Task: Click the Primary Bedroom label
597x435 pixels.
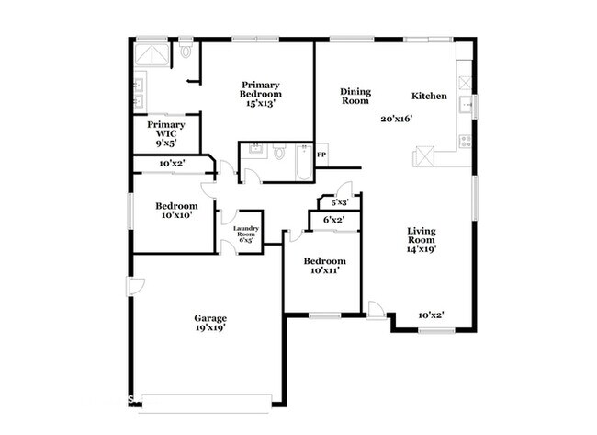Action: click(261, 89)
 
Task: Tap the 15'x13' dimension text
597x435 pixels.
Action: click(261, 104)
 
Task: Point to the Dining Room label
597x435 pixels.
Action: click(355, 96)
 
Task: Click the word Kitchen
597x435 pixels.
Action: click(429, 96)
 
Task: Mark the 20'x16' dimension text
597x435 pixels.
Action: click(398, 118)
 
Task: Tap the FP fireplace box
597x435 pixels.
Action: click(321, 155)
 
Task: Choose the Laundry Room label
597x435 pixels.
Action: click(244, 232)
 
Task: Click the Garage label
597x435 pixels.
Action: click(210, 316)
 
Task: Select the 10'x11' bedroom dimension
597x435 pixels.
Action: click(326, 271)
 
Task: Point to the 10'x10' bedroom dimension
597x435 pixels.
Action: click(175, 216)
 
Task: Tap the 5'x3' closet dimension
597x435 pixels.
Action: click(339, 202)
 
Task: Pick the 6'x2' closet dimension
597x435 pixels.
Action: click(333, 220)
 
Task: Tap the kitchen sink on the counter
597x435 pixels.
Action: click(467, 104)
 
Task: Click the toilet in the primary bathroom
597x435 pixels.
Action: click(186, 52)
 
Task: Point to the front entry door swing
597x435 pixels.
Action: click(376, 310)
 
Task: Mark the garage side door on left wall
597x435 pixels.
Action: click(133, 286)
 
